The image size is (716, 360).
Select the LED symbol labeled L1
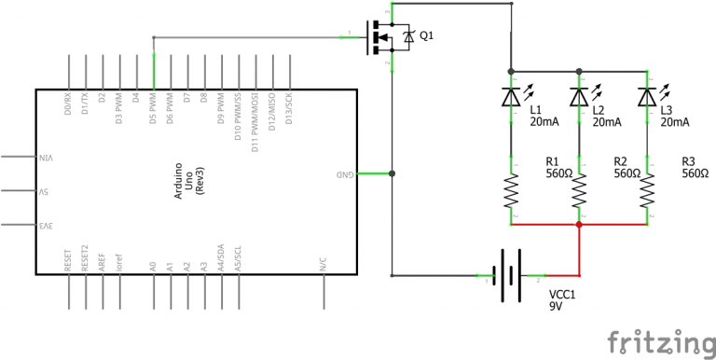(x=511, y=97)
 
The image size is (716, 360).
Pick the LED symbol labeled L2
(x=579, y=97)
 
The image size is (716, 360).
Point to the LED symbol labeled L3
(x=647, y=97)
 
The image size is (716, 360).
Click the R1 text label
(x=552, y=160)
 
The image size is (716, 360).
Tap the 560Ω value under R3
(x=695, y=173)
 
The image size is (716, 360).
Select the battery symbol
(x=508, y=276)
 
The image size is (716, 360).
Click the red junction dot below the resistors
(x=579, y=225)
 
